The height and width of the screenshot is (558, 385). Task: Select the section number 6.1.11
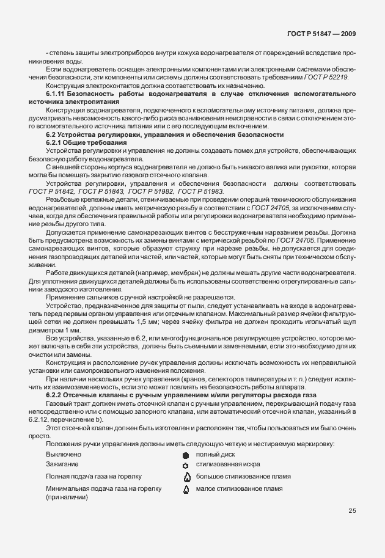coord(57,93)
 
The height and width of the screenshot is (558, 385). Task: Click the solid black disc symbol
coord(186,455)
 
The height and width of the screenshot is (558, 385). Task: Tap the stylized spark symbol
coord(186,466)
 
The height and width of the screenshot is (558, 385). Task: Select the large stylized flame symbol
coord(186,477)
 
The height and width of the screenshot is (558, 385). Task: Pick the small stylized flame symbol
coord(186,490)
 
